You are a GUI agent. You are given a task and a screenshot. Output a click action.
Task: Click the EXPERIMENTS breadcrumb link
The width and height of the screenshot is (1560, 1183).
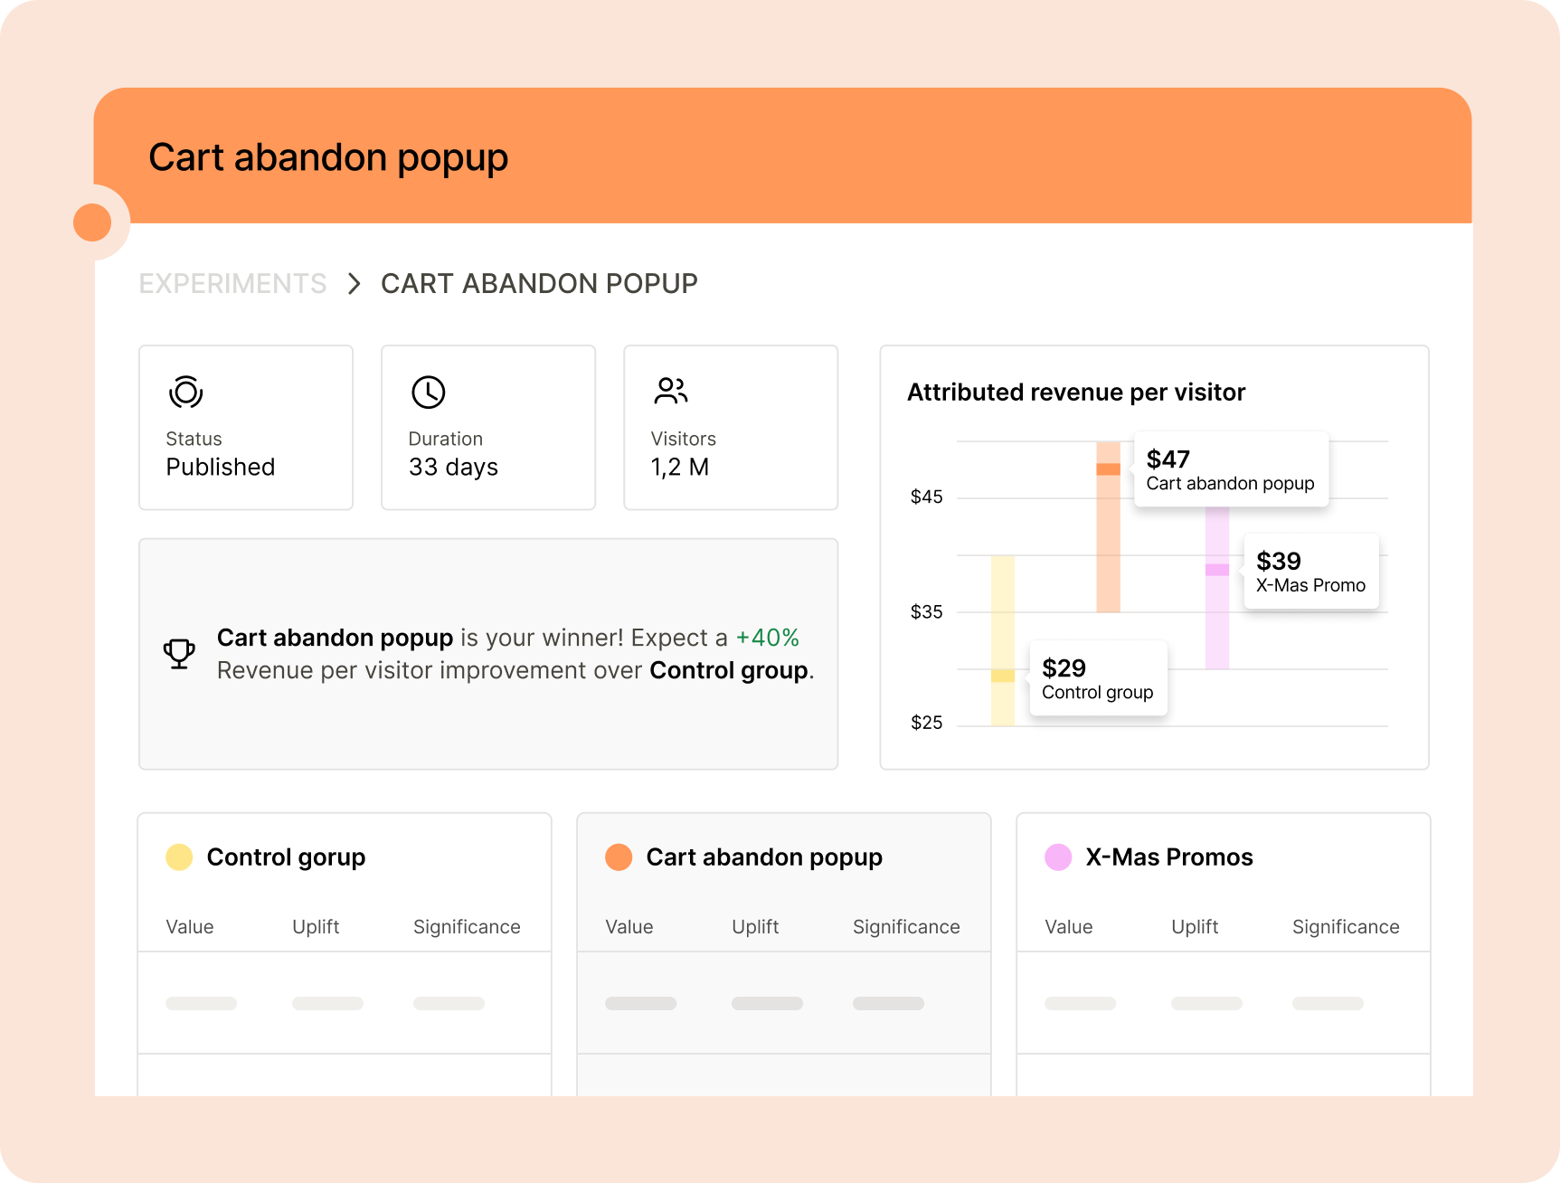point(232,284)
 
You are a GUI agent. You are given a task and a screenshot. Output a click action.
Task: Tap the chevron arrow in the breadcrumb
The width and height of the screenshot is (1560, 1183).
point(355,284)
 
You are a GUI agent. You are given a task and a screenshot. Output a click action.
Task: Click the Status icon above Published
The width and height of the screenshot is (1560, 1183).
point(185,392)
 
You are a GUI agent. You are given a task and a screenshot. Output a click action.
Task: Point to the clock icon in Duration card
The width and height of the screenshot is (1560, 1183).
point(428,392)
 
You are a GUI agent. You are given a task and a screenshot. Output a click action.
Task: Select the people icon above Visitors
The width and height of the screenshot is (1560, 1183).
point(670,391)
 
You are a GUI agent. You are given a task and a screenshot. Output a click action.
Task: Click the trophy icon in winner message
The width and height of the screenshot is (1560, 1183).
point(179,653)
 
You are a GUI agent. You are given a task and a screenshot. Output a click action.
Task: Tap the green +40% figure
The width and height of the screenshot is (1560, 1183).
point(767,638)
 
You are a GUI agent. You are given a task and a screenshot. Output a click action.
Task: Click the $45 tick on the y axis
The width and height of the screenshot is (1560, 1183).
point(926,497)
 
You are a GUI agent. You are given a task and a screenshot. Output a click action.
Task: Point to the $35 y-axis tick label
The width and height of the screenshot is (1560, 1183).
point(926,612)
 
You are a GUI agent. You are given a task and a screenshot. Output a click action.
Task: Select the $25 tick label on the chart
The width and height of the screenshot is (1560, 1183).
point(926,723)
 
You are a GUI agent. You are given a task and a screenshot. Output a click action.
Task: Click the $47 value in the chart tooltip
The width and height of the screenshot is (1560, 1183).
point(1168,459)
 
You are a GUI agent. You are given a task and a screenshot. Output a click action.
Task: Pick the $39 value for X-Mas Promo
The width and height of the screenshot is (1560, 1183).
point(1278,562)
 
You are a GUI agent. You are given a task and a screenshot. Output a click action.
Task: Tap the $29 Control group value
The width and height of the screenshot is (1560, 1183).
point(1064,668)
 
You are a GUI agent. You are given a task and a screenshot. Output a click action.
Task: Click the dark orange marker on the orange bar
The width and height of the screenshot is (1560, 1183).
point(1108,469)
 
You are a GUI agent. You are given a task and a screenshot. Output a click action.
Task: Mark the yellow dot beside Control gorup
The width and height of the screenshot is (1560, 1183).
point(179,857)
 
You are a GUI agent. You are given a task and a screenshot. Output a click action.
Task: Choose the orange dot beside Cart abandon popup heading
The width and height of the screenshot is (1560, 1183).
point(619,857)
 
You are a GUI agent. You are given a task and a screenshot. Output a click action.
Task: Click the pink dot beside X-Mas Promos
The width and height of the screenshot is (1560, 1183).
point(1058,857)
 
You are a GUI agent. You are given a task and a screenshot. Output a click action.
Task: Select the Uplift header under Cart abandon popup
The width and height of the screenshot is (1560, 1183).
point(755,927)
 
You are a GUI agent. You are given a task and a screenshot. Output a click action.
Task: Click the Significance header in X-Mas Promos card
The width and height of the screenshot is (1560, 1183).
point(1346,927)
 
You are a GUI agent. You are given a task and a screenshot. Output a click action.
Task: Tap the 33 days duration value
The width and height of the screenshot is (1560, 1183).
point(453,468)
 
